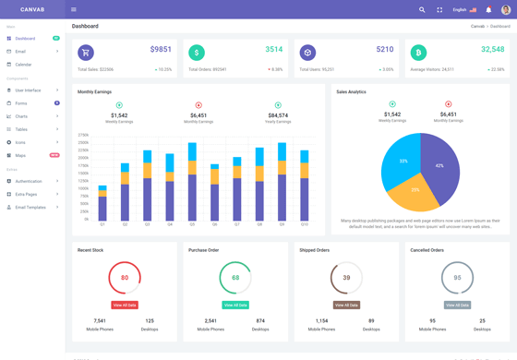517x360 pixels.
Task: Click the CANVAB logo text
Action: tap(33, 9)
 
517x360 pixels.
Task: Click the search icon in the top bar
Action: tap(422, 9)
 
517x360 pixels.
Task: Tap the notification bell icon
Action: tap(488, 9)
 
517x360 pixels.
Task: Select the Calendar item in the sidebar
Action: tap(23, 65)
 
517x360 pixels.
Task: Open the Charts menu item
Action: tap(21, 116)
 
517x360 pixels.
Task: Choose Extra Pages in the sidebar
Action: tap(26, 194)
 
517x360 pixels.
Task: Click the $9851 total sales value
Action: tap(161, 50)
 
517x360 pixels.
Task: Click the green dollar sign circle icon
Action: tap(197, 54)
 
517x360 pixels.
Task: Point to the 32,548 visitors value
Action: tap(493, 50)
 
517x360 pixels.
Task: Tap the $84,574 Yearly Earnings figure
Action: tap(278, 115)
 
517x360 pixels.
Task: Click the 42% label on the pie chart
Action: tap(439, 166)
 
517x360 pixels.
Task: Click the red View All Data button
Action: tap(125, 305)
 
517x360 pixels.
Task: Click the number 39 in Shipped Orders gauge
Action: tap(346, 278)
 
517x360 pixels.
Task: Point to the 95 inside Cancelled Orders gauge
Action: tap(457, 278)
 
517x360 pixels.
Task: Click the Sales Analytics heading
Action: tap(351, 92)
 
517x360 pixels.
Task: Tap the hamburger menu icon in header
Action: tap(74, 9)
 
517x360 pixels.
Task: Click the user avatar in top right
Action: tap(505, 9)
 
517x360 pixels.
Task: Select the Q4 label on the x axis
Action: tap(170, 224)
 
